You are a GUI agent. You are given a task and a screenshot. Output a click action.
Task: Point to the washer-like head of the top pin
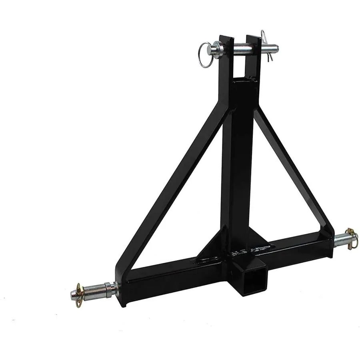tap(216, 50)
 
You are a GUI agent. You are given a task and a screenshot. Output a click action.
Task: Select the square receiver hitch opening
tap(252, 277)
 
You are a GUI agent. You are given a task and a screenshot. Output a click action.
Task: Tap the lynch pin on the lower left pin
tap(78, 295)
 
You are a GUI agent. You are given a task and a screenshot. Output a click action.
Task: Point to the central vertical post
tap(237, 160)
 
